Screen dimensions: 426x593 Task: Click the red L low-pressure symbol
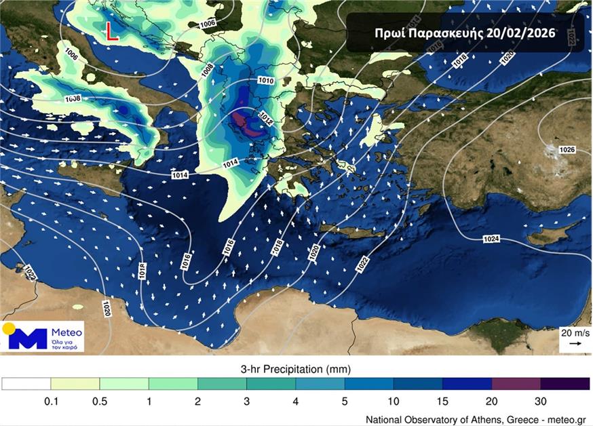[112, 32]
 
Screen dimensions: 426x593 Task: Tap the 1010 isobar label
[266, 81]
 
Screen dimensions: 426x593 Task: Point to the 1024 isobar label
[493, 239]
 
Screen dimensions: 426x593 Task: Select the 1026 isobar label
[567, 149]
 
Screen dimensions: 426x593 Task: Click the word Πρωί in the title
[391, 33]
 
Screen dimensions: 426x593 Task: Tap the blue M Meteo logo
[28, 338]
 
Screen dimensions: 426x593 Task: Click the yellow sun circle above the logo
[8, 329]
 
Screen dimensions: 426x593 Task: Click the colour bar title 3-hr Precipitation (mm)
[295, 370]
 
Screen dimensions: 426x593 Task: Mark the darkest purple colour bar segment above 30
[565, 384]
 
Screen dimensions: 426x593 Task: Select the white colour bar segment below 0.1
[26, 384]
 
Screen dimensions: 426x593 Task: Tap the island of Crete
[353, 231]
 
